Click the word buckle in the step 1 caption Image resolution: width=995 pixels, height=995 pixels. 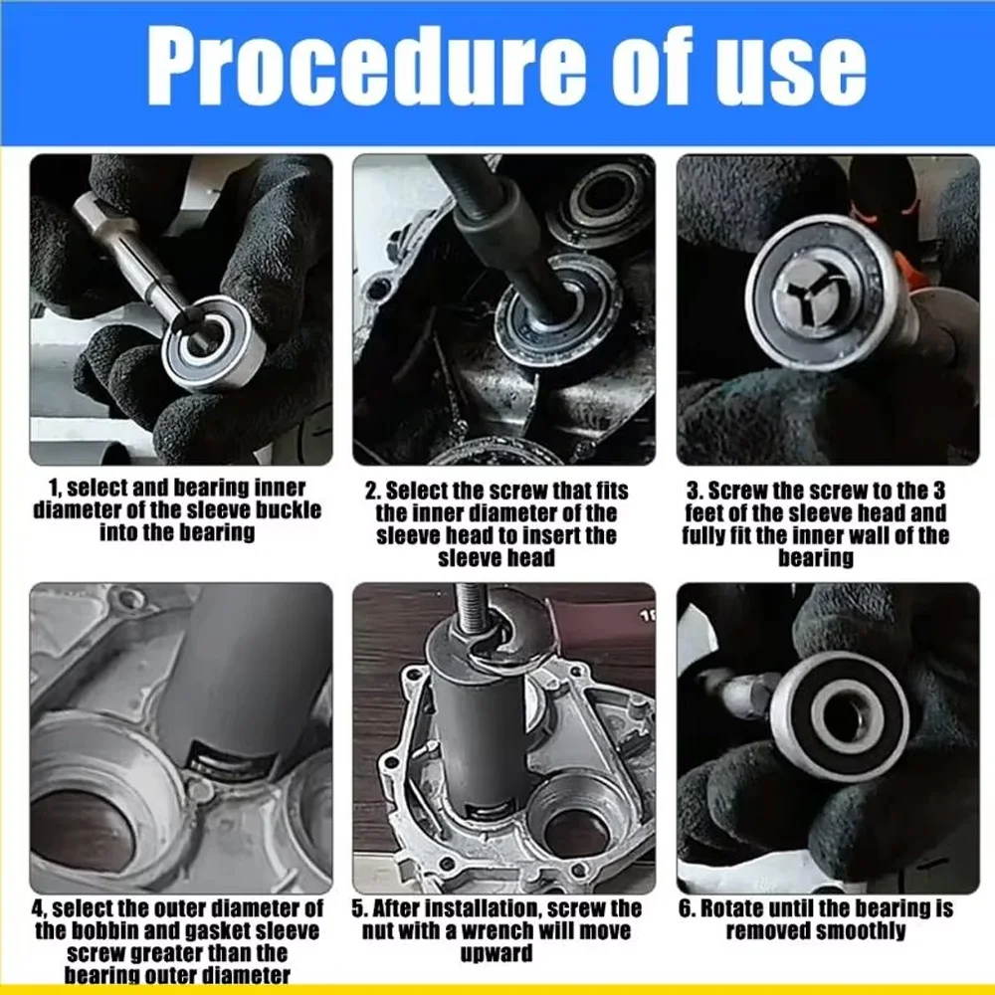[x=289, y=509]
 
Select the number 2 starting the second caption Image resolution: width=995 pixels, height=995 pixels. [x=372, y=492]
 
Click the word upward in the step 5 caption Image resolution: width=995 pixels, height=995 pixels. [x=497, y=954]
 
